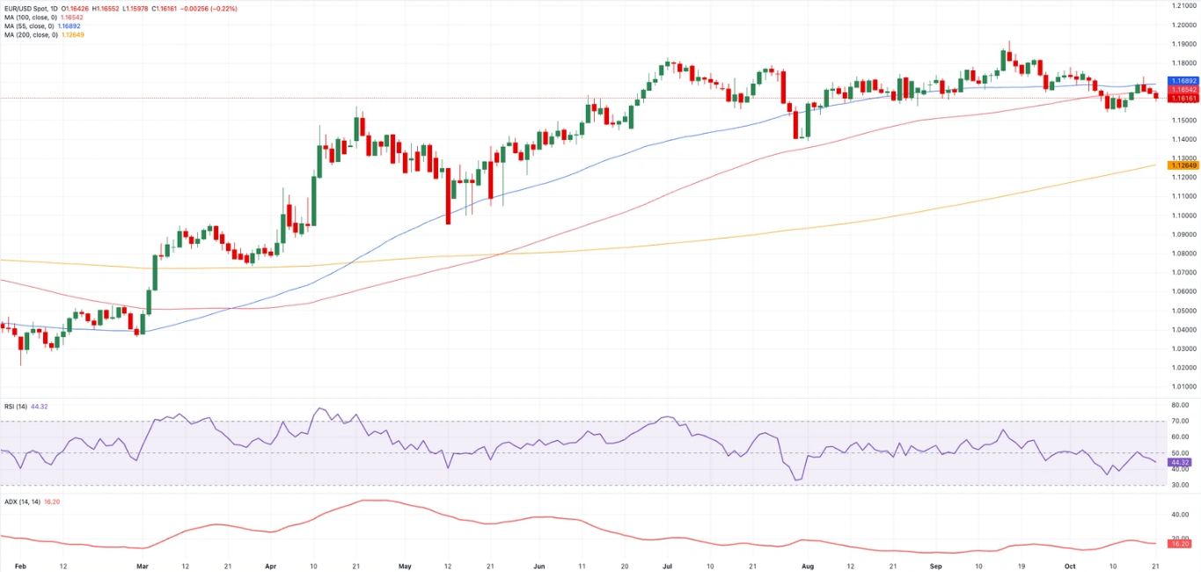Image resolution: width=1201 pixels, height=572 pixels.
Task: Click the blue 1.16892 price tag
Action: pyautogui.click(x=1183, y=80)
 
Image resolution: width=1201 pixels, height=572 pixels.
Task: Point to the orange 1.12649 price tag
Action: pyautogui.click(x=1183, y=165)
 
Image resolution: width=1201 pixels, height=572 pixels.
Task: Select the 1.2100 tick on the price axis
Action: pyautogui.click(x=1183, y=5)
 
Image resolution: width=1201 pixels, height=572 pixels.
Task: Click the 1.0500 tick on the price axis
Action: pyautogui.click(x=1183, y=310)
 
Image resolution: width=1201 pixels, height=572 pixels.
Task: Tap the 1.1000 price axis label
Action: pyautogui.click(x=1183, y=215)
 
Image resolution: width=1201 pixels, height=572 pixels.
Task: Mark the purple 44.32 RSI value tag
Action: pyautogui.click(x=1179, y=462)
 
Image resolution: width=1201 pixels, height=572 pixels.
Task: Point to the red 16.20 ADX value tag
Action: pyautogui.click(x=1179, y=544)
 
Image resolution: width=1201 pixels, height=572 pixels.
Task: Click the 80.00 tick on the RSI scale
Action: pyautogui.click(x=1181, y=405)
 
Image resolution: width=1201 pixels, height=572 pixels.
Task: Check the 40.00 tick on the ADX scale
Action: pyautogui.click(x=1181, y=515)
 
